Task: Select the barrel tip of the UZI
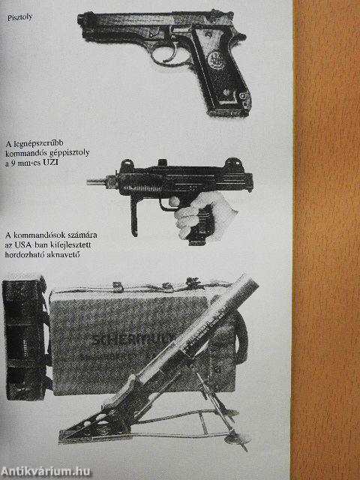91,181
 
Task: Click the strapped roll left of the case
25,334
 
